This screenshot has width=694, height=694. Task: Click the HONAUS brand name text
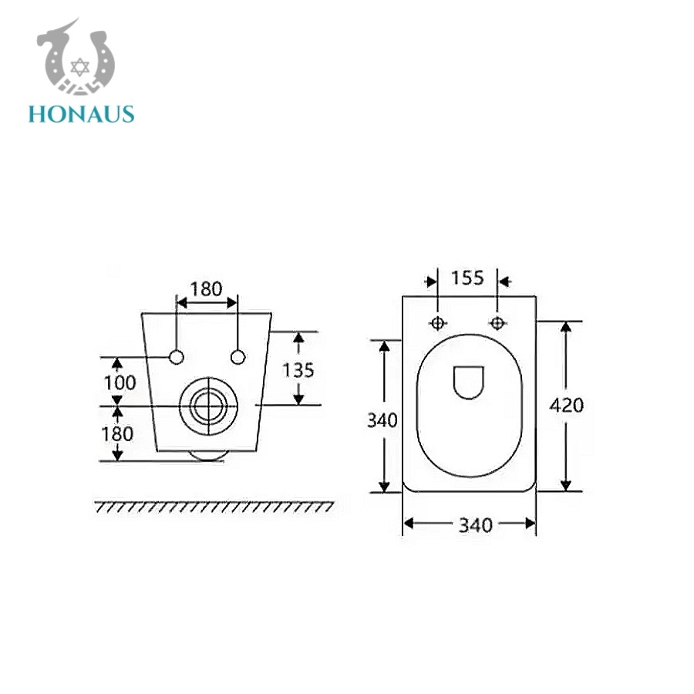coord(82,114)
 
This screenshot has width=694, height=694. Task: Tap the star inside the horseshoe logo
coord(79,67)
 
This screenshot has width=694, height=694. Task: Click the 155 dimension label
coord(467,278)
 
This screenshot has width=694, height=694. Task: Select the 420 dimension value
coord(567,405)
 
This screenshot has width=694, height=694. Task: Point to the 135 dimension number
coord(298,370)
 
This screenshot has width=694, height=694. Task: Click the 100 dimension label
coord(120,382)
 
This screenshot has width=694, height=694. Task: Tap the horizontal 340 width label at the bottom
coord(475,525)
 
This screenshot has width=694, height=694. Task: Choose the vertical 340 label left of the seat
coord(382,420)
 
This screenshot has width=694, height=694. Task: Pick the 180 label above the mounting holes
coord(206,289)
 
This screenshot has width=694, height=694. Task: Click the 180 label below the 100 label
coord(117,434)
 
